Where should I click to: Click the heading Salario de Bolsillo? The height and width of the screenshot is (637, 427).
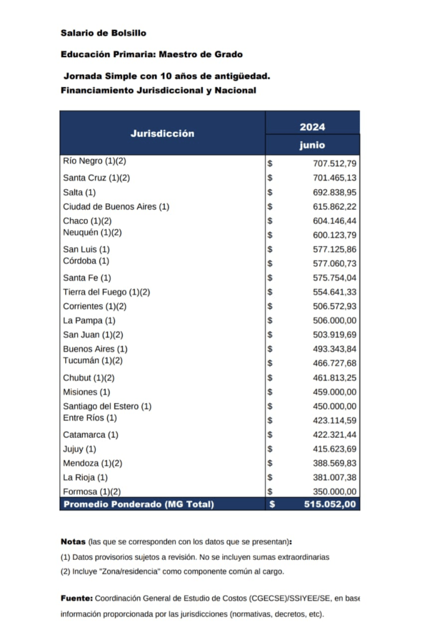(103, 32)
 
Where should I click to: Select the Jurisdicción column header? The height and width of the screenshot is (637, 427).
(162, 133)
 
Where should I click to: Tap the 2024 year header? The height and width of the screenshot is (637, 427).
(312, 127)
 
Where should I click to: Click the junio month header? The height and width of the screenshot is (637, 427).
(312, 146)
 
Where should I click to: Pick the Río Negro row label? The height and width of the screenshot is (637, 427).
(94, 161)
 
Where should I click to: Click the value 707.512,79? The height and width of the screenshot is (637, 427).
(334, 164)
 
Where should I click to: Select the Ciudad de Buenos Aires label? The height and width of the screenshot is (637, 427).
(116, 207)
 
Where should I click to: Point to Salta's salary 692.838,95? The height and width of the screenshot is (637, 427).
(334, 192)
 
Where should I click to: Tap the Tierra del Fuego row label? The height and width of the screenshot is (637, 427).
(106, 292)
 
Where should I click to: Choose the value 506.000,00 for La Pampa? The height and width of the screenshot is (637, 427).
(334, 320)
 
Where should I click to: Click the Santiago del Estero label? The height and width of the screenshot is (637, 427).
(107, 406)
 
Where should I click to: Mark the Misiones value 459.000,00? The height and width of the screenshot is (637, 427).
(334, 392)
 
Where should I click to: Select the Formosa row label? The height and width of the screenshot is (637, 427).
(91, 491)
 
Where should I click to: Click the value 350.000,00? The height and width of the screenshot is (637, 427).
(334, 492)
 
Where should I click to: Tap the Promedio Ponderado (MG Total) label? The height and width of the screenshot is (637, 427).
(138, 504)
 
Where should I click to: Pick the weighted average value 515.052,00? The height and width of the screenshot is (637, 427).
(330, 504)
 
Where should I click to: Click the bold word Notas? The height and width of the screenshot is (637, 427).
(73, 542)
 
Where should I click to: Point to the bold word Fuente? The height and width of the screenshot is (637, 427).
(76, 598)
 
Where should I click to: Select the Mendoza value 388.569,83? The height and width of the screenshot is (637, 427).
(334, 463)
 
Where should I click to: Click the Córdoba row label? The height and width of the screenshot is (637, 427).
(86, 261)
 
